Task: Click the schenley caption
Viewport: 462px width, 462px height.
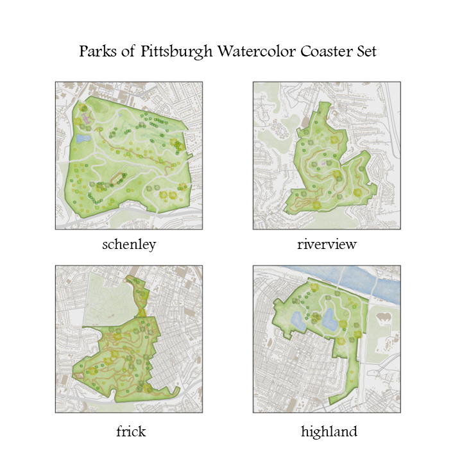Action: click(x=129, y=244)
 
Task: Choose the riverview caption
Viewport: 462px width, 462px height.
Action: click(x=327, y=244)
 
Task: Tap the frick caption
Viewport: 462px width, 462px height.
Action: click(x=130, y=431)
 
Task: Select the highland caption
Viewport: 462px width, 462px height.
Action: click(x=329, y=431)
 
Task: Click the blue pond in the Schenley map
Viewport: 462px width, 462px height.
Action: click(x=81, y=138)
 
